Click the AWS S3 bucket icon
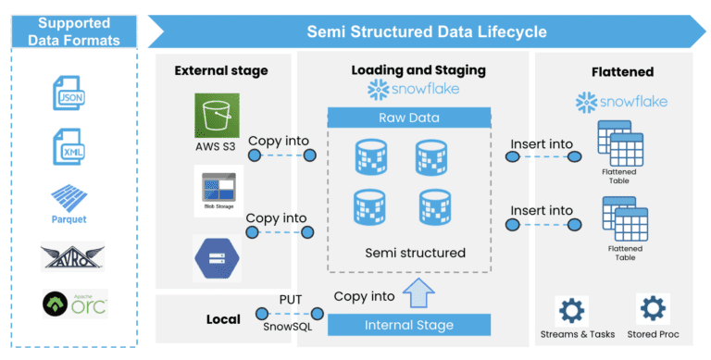pos(217,116)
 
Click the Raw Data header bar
pos(409,118)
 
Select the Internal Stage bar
pos(409,325)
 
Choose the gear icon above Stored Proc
pos(654,307)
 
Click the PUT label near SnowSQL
pos(290,299)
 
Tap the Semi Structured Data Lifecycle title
pos(427,31)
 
